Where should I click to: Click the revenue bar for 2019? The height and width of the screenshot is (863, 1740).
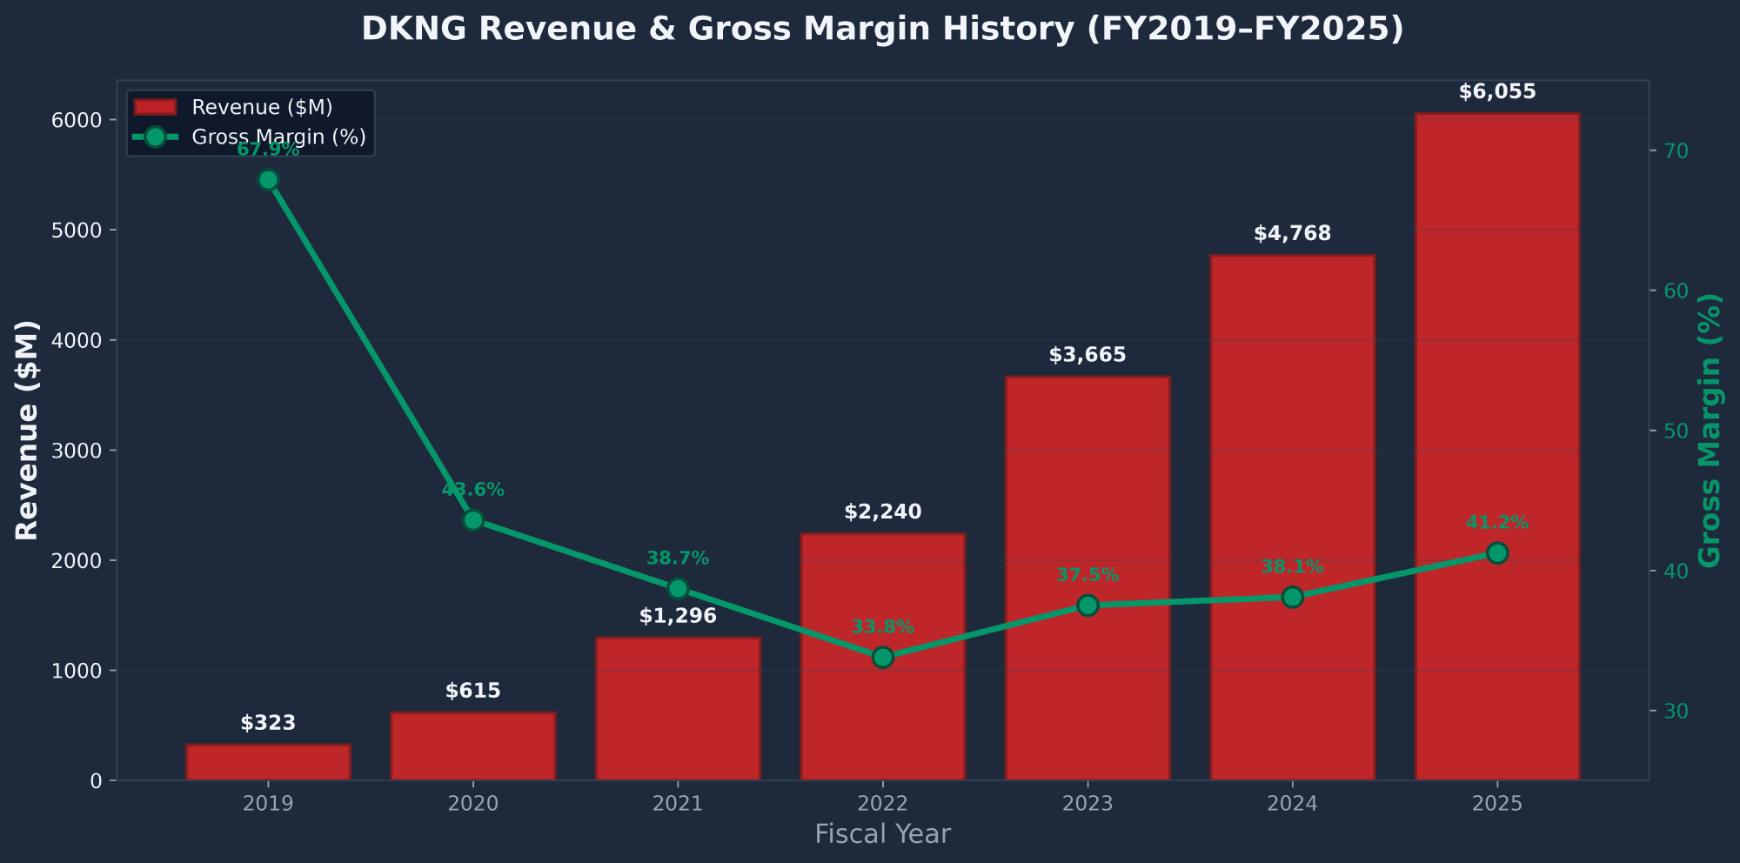click(x=268, y=762)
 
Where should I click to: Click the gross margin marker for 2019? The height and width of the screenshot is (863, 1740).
click(x=268, y=180)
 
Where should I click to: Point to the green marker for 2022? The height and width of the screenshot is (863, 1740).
click(x=882, y=657)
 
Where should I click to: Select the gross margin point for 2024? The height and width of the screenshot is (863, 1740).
click(x=1292, y=597)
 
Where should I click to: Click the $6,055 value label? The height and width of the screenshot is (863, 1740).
click(x=1496, y=92)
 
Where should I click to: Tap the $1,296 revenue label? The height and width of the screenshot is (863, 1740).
click(x=678, y=617)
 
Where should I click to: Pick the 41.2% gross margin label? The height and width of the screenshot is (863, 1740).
click(x=1496, y=523)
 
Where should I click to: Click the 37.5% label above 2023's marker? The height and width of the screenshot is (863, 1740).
click(x=1087, y=575)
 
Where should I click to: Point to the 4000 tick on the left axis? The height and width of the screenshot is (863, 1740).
click(x=84, y=340)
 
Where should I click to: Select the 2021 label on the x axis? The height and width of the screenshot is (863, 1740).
click(x=678, y=803)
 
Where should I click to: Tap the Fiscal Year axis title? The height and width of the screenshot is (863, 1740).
click(x=882, y=834)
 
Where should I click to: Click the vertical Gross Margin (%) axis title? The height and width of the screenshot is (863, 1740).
click(x=1710, y=431)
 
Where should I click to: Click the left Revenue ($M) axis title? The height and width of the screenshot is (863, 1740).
click(x=28, y=431)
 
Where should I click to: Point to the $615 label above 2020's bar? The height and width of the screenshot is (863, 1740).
click(x=472, y=692)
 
